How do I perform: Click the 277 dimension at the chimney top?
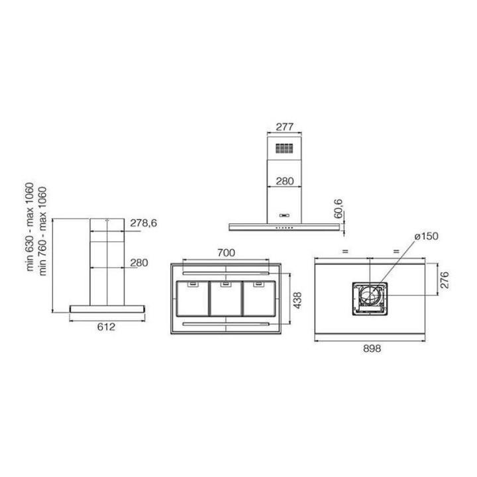click(x=284, y=127)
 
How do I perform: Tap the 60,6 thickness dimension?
click(x=338, y=209)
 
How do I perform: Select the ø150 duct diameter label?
click(x=427, y=236)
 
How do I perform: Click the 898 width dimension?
click(x=372, y=348)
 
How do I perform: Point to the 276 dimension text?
click(x=445, y=280)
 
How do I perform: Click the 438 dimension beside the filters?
click(x=297, y=300)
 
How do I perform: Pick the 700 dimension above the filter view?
click(x=226, y=252)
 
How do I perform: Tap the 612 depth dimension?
click(x=106, y=327)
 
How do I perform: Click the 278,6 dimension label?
click(x=144, y=223)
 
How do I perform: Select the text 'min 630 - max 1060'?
click(x=30, y=227)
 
